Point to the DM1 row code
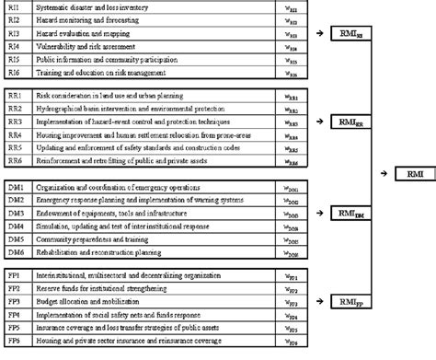pyautogui.click(x=15, y=186)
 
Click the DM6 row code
pyautogui.click(x=15, y=250)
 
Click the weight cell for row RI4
pyautogui.click(x=292, y=44)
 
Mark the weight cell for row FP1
pyautogui.click(x=292, y=275)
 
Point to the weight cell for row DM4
pyautogui.click(x=292, y=225)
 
